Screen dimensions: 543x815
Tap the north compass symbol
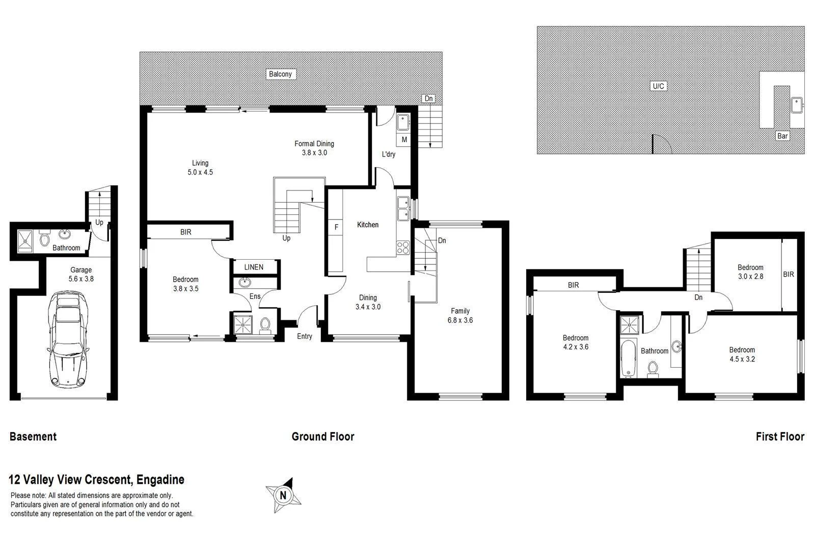click(283, 495)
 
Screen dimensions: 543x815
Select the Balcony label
click(280, 74)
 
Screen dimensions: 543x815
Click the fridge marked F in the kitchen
click(336, 228)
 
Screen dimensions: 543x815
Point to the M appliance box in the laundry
click(404, 139)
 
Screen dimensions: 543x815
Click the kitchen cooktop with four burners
click(403, 248)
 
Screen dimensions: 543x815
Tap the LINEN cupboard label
click(254, 267)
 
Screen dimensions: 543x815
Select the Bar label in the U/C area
click(782, 135)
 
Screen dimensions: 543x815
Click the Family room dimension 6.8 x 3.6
click(460, 320)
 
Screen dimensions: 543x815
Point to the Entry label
click(305, 336)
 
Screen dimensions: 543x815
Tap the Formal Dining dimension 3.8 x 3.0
click(314, 152)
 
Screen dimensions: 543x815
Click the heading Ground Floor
click(322, 437)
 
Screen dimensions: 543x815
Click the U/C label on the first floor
click(658, 86)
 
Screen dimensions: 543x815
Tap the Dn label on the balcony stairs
click(429, 99)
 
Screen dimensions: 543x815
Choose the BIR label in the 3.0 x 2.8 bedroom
click(788, 274)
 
